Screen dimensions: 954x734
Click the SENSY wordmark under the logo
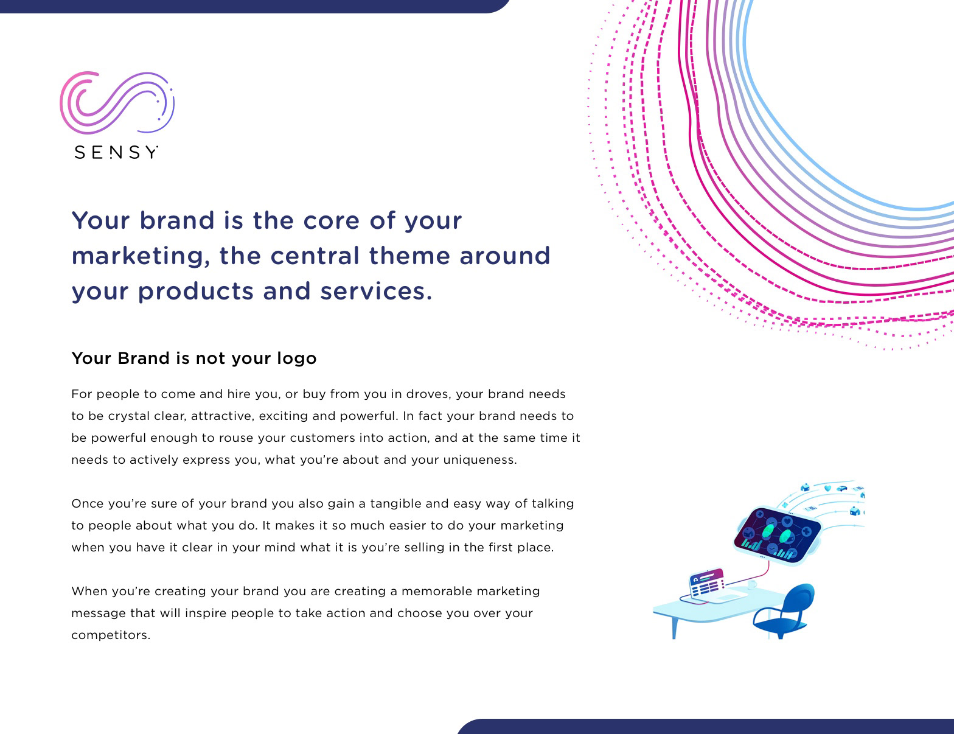click(116, 152)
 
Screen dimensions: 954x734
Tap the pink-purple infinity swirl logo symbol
click(117, 102)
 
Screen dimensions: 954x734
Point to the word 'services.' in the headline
click(376, 291)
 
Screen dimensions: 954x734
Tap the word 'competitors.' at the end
click(111, 635)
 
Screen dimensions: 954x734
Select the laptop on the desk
click(712, 586)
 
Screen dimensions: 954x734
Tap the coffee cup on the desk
click(751, 584)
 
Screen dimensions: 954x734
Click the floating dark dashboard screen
click(778, 536)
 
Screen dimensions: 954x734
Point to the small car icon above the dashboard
click(841, 488)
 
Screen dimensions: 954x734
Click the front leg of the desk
click(674, 629)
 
